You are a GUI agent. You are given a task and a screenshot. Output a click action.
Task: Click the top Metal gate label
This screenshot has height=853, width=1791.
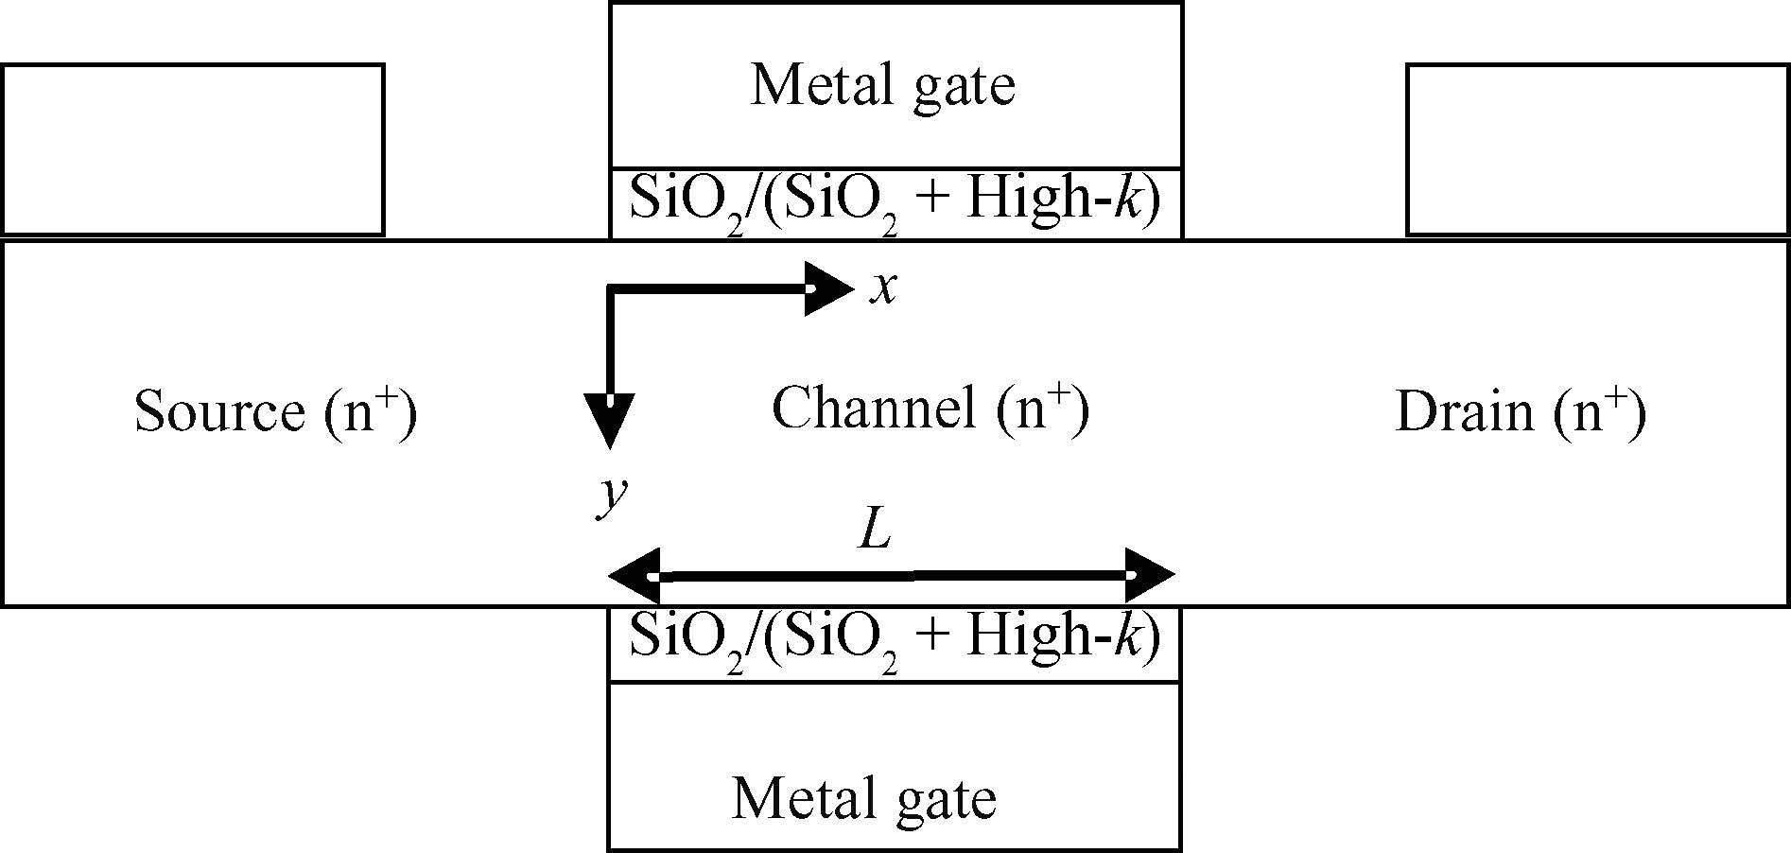click(882, 86)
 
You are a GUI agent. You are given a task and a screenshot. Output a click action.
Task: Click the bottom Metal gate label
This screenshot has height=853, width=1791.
click(863, 798)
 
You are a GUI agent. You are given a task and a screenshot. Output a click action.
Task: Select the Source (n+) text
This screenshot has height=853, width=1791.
click(275, 411)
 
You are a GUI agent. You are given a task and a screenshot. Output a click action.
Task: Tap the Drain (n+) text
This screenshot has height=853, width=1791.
click(1521, 412)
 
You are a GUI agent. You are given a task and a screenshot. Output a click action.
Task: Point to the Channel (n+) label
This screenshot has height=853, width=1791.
click(930, 409)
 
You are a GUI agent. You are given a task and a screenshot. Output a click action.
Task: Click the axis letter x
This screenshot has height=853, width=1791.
click(883, 288)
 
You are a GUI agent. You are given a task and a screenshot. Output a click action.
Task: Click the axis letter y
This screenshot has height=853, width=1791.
click(612, 496)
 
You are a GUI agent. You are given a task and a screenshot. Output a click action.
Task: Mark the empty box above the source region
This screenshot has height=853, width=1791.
click(193, 149)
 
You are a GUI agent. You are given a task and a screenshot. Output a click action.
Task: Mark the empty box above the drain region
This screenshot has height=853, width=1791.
click(1597, 149)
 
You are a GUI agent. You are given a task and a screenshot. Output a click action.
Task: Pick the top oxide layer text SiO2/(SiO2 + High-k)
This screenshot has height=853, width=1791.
click(895, 202)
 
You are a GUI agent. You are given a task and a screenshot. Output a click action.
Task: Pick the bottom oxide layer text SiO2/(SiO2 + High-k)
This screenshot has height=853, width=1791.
click(895, 639)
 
